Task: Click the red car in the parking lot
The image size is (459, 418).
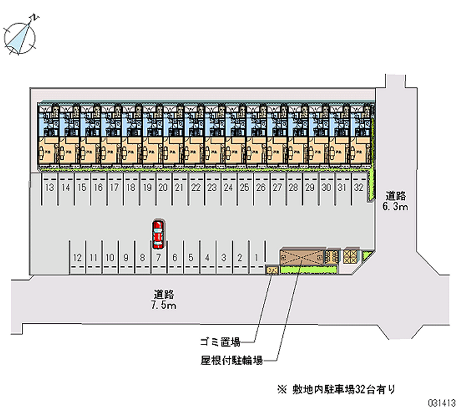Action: pyautogui.click(x=157, y=234)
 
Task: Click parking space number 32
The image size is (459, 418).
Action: pyautogui.click(x=359, y=188)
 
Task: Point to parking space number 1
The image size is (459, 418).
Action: pyautogui.click(x=256, y=258)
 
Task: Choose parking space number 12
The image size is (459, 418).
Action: pyautogui.click(x=77, y=258)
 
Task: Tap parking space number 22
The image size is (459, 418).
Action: pyautogui.click(x=196, y=188)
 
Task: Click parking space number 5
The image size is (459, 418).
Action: pyautogui.click(x=191, y=258)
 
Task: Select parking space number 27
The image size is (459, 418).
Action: pyautogui.click(x=277, y=188)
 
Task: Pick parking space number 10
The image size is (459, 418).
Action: pyautogui.click(x=110, y=258)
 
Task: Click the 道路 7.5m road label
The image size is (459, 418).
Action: pyautogui.click(x=164, y=300)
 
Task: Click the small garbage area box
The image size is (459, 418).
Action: pyautogui.click(x=272, y=269)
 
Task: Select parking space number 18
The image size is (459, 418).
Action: pyautogui.click(x=131, y=188)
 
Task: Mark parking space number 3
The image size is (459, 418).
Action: pyautogui.click(x=224, y=258)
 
